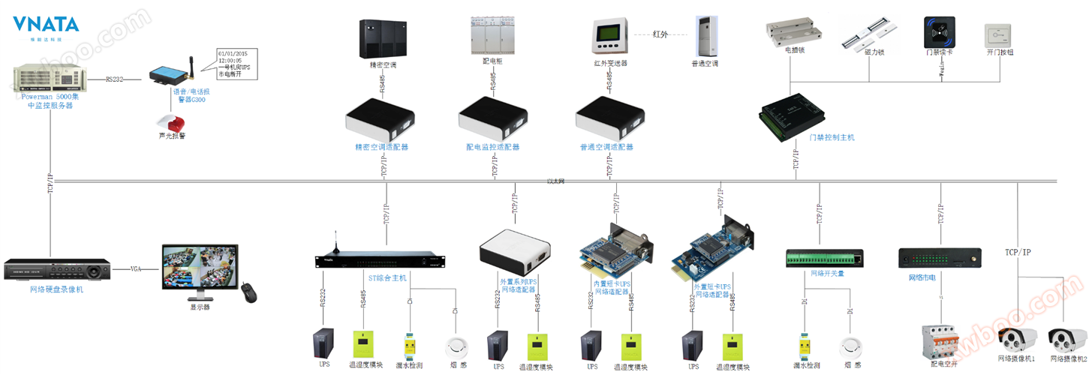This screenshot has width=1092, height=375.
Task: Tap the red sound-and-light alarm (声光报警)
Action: (x=171, y=123)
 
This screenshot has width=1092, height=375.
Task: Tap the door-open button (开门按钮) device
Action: (x=1000, y=36)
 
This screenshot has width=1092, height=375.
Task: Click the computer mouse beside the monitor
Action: (x=248, y=292)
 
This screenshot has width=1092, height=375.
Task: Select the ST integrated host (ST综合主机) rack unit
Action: (x=380, y=260)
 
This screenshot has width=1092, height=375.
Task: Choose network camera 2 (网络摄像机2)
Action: (x=1067, y=340)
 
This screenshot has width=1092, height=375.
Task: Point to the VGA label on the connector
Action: (x=136, y=268)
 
